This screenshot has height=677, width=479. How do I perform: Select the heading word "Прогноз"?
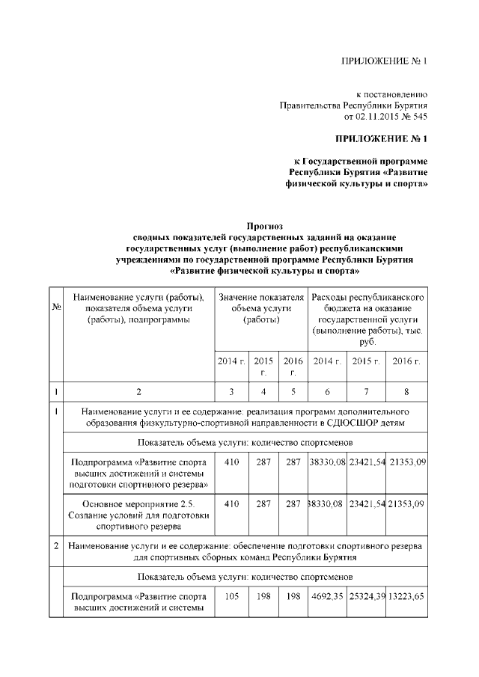coord(263,226)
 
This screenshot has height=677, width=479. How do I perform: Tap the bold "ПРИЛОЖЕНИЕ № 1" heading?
coord(380,139)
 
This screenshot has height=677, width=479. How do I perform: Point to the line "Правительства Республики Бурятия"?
coord(353,105)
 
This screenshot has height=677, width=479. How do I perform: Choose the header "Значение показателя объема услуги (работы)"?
coord(261,309)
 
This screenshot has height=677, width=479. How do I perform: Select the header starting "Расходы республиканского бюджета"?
coord(368,319)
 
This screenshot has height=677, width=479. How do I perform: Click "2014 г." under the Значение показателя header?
coord(231,361)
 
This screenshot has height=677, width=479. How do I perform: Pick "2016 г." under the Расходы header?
coord(407,361)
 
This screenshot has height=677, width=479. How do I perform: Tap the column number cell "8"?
coord(407,391)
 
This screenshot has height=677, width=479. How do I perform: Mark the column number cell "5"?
coord(293,391)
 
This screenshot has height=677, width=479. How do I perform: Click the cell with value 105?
coord(231,596)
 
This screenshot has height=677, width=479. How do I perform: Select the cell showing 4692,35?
coord(327,596)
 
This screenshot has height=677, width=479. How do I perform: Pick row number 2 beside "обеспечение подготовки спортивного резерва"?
coord(56,546)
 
